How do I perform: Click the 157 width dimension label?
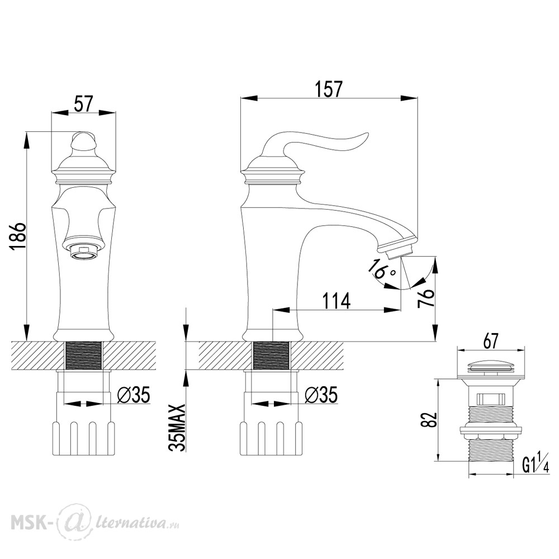(x=329, y=89)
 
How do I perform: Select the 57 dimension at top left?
(x=83, y=104)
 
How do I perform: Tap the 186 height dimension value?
(x=18, y=236)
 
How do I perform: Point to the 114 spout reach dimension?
(x=336, y=301)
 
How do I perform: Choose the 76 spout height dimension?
(x=426, y=298)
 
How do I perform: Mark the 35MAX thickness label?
(x=178, y=428)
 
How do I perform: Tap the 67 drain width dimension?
(x=491, y=342)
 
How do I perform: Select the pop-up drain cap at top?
(x=490, y=367)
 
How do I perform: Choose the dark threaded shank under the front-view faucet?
(x=84, y=355)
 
